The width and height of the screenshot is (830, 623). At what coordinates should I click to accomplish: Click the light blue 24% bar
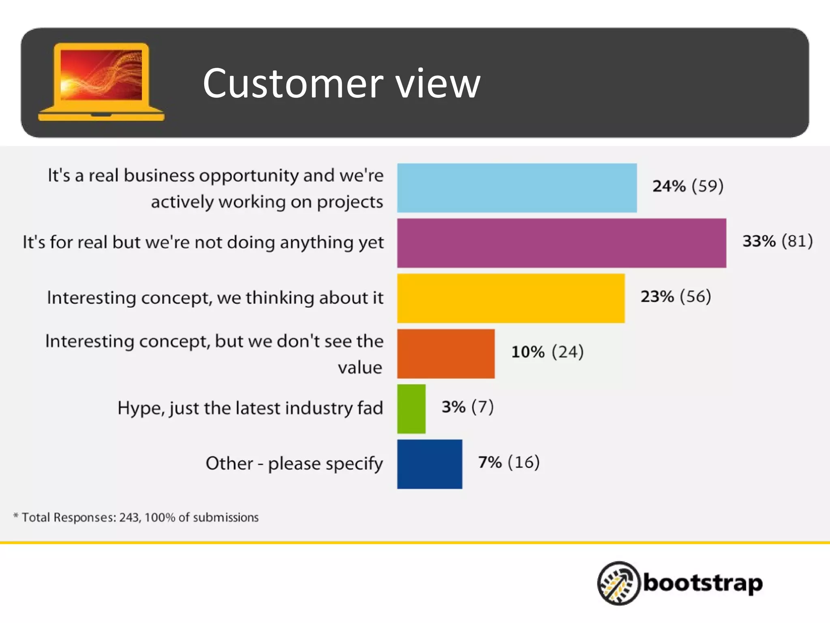517,188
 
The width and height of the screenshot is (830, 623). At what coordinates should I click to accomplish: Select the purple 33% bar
561,243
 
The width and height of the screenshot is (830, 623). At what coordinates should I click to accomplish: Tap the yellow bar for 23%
511,298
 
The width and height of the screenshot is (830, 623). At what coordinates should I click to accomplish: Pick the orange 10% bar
446,354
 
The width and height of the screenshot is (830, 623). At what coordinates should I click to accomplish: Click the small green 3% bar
411,409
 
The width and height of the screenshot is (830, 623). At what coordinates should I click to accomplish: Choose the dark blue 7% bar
430,464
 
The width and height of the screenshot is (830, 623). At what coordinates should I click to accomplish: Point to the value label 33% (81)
777,241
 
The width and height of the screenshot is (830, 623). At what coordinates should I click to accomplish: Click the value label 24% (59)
688,186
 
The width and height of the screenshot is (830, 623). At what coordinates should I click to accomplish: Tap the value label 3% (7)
467,407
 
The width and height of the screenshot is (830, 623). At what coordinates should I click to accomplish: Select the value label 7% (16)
509,462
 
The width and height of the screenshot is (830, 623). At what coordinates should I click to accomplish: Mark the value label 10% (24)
547,352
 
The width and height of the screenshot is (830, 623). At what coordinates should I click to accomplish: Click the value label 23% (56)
676,296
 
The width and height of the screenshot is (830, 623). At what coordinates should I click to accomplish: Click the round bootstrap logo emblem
618,583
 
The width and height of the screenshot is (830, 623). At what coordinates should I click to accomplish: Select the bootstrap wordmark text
702,583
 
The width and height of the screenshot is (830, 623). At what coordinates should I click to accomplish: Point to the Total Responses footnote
136,518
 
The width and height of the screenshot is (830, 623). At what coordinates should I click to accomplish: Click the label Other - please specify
294,464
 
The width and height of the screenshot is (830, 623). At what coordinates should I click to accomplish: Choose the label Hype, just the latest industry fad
250,408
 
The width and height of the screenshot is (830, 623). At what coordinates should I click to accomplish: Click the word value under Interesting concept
360,367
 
